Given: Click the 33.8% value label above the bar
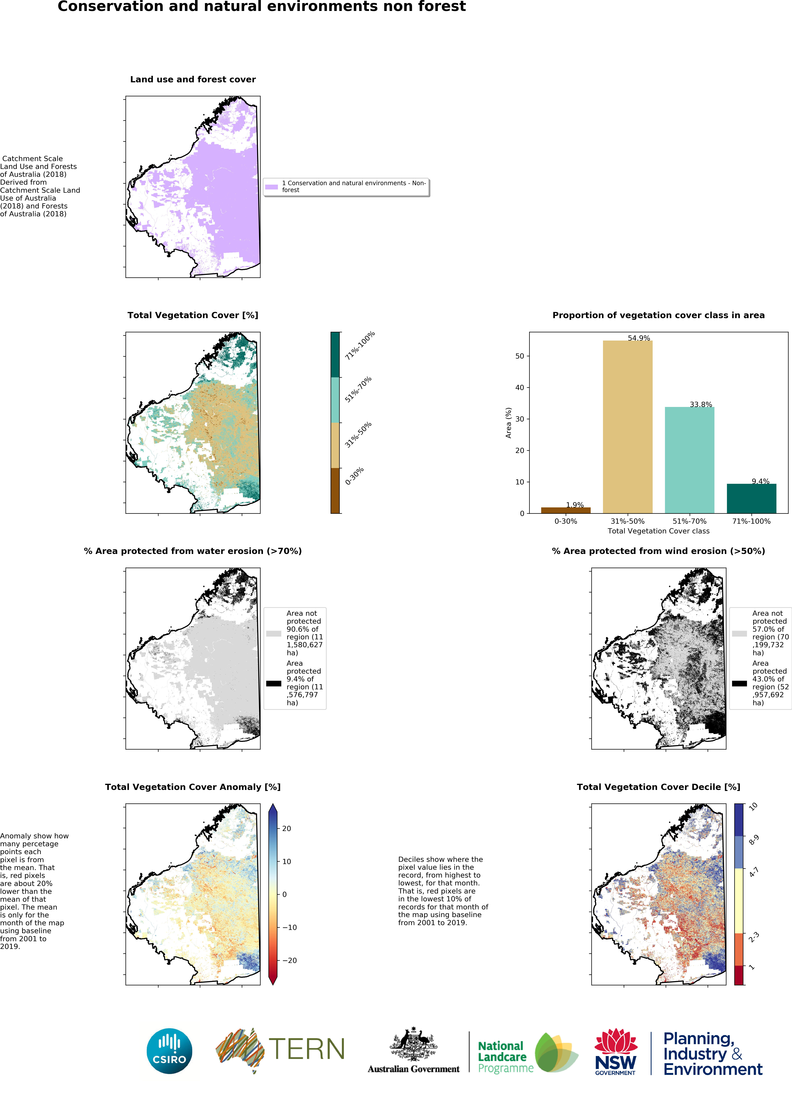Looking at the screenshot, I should coord(700,404).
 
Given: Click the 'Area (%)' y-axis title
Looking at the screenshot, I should coord(508,423).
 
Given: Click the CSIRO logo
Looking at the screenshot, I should coord(169,1051).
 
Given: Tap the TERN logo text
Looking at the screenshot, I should coord(307,1049).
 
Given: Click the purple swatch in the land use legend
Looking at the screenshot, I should coord(271,187).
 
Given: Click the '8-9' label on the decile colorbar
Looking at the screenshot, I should coord(753,840).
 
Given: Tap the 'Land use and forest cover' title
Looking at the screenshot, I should coord(193,80).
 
